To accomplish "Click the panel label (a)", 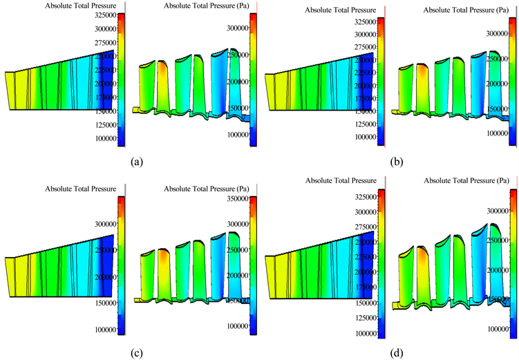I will click(137, 163).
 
